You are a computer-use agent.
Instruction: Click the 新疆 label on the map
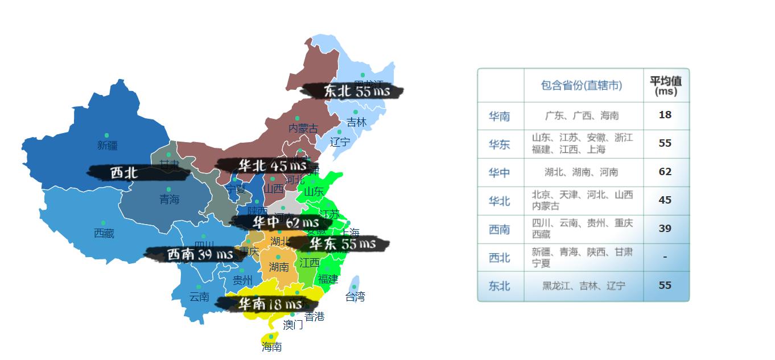(x=107, y=145)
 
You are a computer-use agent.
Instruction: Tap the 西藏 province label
(x=104, y=233)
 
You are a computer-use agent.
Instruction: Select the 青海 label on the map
(x=169, y=199)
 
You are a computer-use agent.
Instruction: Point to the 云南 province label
(x=199, y=296)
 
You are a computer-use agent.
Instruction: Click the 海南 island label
(x=271, y=346)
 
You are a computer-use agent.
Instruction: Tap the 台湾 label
(x=355, y=296)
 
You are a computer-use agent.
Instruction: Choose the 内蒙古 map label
(x=303, y=129)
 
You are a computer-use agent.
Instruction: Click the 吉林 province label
(x=356, y=122)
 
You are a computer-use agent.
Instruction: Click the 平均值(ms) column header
(x=665, y=85)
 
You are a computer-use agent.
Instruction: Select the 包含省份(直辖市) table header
(x=581, y=85)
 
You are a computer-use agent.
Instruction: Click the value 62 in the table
(x=665, y=172)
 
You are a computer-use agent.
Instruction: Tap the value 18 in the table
(x=665, y=115)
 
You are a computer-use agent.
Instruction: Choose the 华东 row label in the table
(x=499, y=144)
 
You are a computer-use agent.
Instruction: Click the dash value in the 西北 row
(x=665, y=257)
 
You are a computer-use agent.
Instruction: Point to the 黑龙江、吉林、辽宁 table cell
(x=583, y=286)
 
